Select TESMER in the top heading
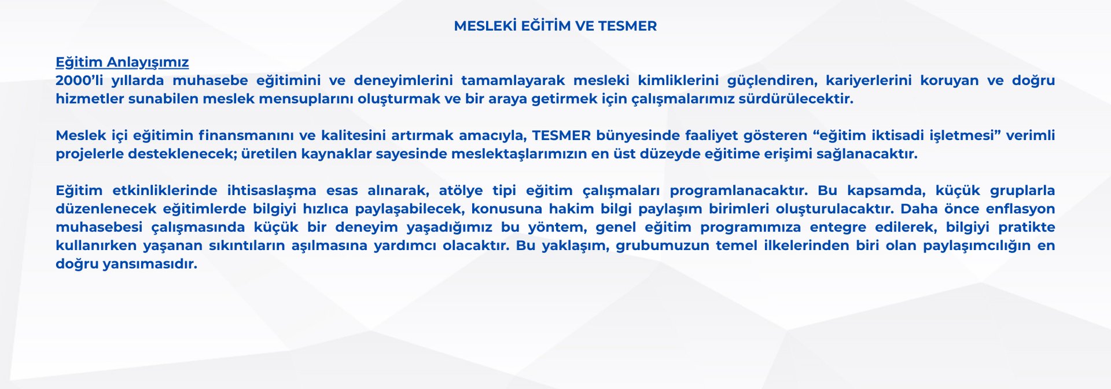627,26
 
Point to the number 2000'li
79,80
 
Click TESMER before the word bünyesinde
561,135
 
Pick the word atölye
461,190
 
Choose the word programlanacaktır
739,190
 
